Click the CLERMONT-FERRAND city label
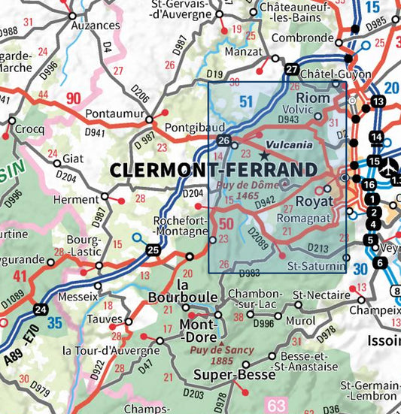click(x=212, y=171)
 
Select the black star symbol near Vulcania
click(x=264, y=155)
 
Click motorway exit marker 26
click(x=223, y=141)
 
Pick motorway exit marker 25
click(x=153, y=249)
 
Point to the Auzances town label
click(x=95, y=26)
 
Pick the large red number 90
click(x=73, y=98)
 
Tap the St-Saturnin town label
click(x=317, y=266)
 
